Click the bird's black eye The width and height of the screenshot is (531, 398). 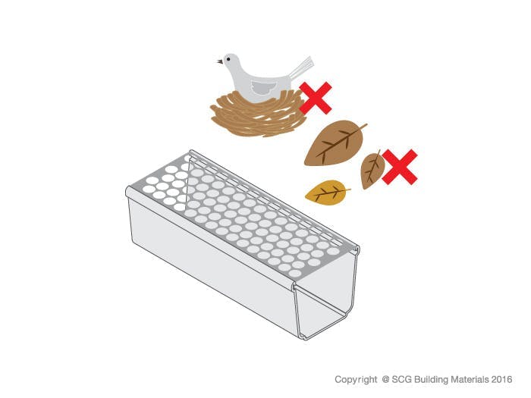click(228, 59)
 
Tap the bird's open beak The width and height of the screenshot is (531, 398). click(220, 61)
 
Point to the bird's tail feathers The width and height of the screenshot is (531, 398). click(302, 67)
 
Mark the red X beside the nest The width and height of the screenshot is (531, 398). click(316, 98)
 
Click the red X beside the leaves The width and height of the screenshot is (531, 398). click(400, 167)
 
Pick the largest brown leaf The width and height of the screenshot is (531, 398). click(334, 143)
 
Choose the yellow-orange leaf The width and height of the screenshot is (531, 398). click(327, 193)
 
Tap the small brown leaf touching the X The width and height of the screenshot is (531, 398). click(372, 171)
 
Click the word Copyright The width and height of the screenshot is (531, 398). click(356, 379)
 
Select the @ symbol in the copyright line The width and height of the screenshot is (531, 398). click(385, 379)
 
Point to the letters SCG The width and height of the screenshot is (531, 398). click(401, 379)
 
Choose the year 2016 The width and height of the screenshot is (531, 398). click(501, 379)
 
